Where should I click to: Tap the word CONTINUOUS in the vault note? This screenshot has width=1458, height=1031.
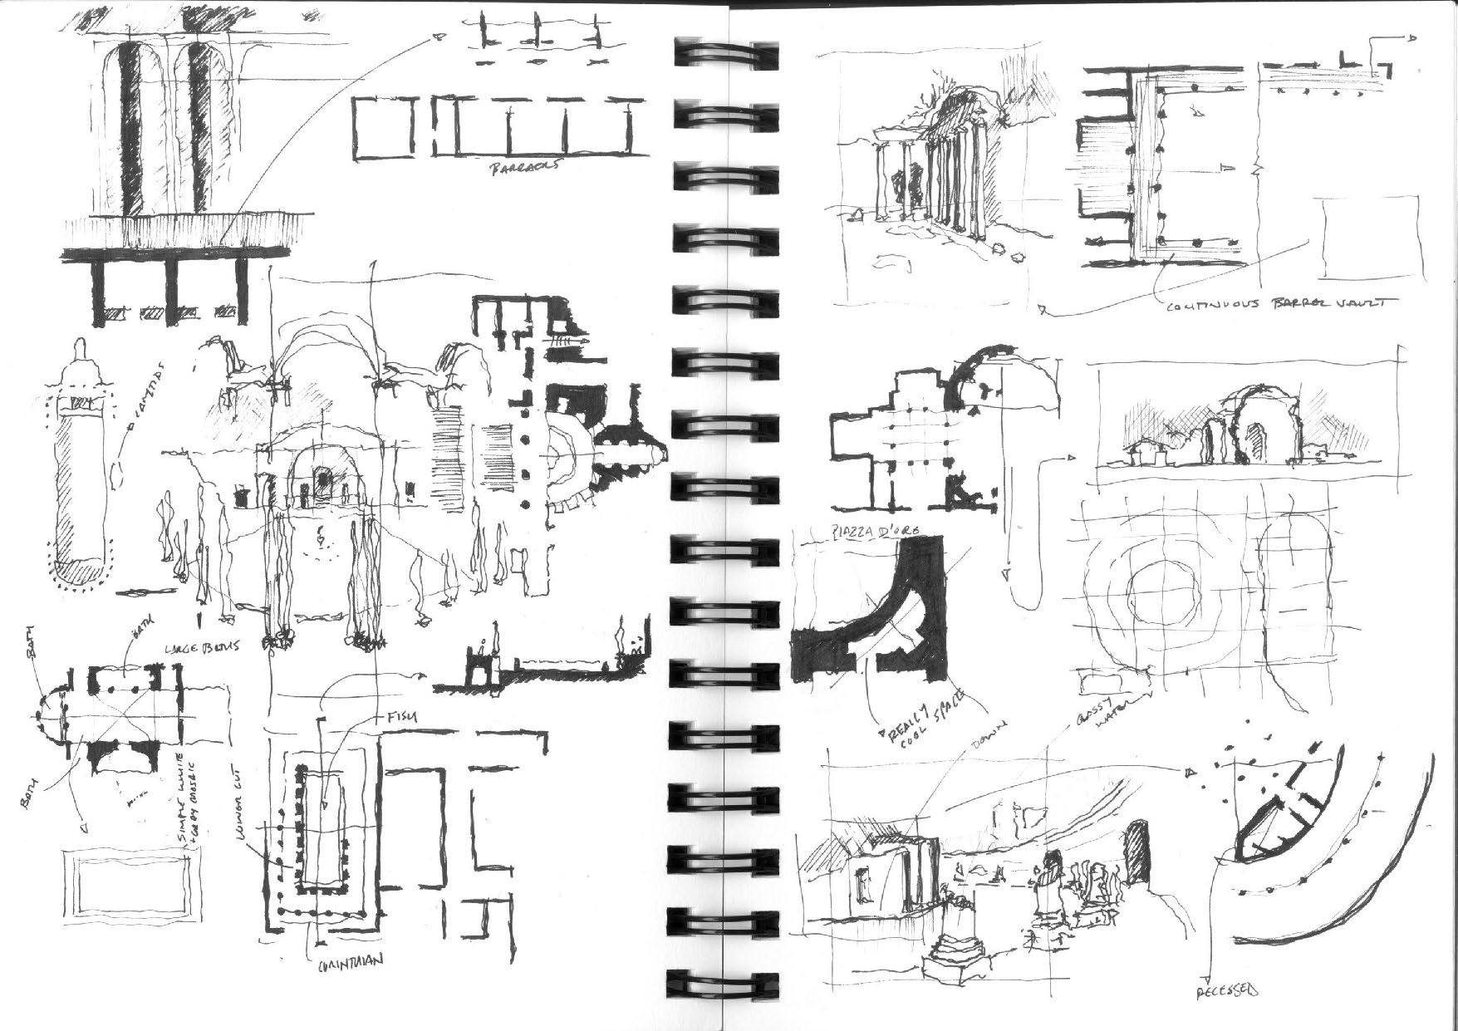(x=1210, y=306)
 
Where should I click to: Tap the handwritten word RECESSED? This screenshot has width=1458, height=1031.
(x=1227, y=990)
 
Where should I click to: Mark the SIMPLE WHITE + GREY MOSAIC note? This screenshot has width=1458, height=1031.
(x=189, y=799)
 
